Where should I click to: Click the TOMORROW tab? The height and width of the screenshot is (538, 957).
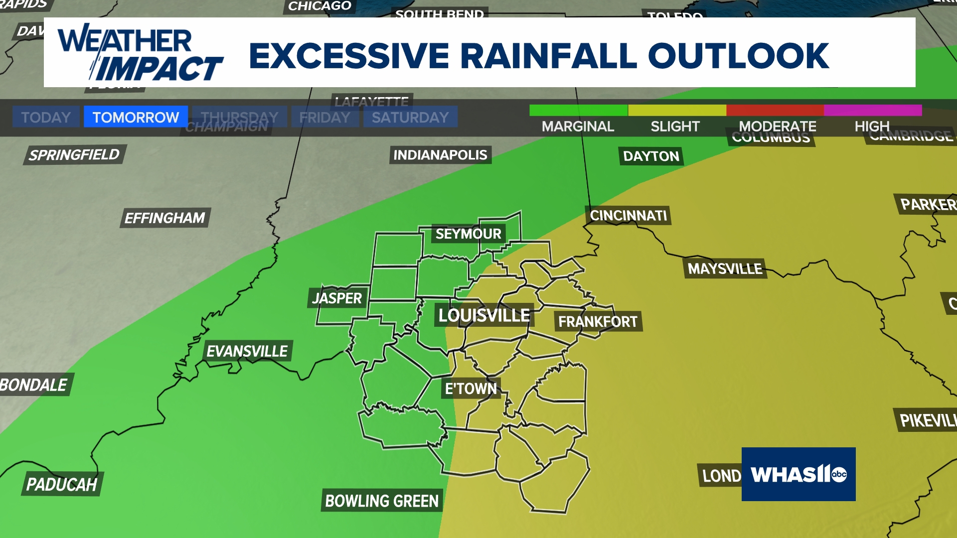coord(136,117)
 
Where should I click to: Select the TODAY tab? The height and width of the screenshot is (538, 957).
coord(46,117)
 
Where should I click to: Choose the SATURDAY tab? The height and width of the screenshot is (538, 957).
coord(410,117)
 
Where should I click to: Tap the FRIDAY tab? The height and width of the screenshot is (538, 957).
coord(325,117)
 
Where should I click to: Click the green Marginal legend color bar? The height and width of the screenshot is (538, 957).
coord(578,110)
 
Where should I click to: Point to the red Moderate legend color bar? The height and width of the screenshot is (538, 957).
coord(775,110)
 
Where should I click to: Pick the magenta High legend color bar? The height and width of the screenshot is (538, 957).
coord(873,110)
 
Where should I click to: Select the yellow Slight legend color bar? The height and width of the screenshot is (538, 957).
coord(677,110)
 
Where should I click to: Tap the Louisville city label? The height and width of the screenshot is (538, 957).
coord(484,315)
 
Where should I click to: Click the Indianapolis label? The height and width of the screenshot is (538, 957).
coord(440,155)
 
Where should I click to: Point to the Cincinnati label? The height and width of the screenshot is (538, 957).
coord(628,216)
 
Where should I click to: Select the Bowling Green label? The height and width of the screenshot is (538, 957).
coord(382,501)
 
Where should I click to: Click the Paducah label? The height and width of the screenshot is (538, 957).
coord(62,484)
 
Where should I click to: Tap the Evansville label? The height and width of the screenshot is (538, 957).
coord(247,351)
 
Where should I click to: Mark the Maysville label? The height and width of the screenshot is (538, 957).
coord(725,269)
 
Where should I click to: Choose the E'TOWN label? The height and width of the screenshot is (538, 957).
coord(471,389)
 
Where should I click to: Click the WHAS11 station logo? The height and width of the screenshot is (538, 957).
coord(798,474)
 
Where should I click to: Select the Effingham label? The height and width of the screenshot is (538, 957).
coord(165,218)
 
